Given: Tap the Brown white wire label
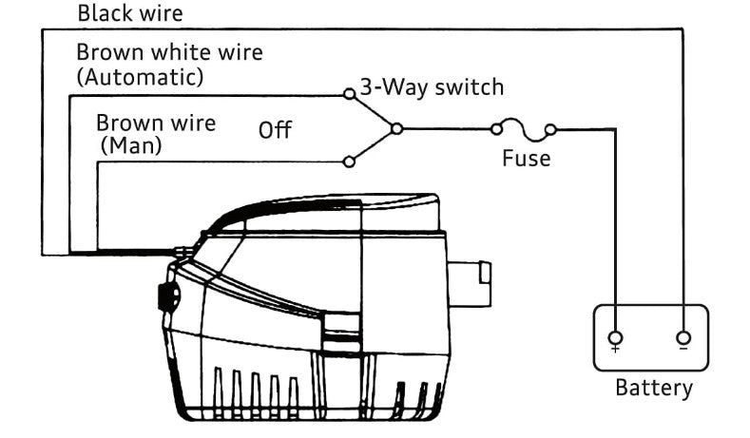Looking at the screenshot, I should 169,52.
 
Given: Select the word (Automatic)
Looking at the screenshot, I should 139,77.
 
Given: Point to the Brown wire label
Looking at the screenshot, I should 156,123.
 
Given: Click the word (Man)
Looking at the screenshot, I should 131,146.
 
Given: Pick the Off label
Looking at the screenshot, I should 276,130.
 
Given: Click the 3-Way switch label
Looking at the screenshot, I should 431,88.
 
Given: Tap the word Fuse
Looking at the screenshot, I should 526,158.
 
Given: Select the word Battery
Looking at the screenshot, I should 654,388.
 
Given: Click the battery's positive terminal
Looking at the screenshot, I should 616,337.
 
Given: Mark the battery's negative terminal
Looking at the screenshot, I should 683,337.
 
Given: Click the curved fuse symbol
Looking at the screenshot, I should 522,125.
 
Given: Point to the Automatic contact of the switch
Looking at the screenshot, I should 349,94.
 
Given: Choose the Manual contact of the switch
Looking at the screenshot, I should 349,162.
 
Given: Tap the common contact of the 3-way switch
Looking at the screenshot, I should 396,128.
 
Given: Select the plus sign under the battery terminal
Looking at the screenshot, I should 616,351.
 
